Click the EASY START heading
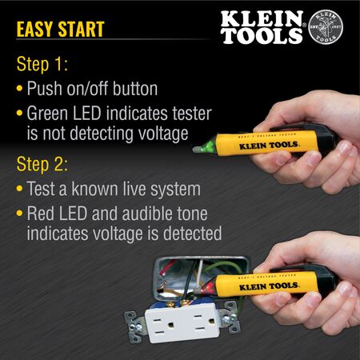coord(60,30)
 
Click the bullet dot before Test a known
coord(19,191)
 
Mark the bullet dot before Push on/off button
coord(19,89)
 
